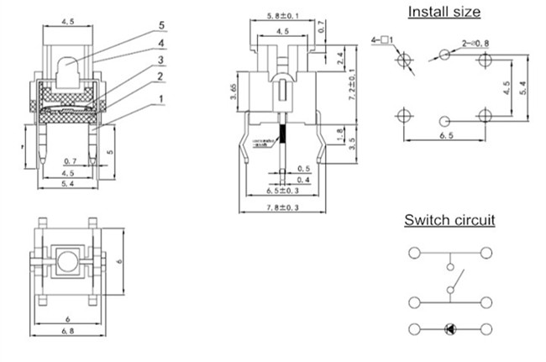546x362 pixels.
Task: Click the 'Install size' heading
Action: click(x=444, y=12)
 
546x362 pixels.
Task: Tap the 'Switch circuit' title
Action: click(x=449, y=221)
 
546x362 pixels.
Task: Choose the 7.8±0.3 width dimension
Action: click(x=283, y=205)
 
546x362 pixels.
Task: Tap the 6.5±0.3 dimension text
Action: click(x=283, y=191)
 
